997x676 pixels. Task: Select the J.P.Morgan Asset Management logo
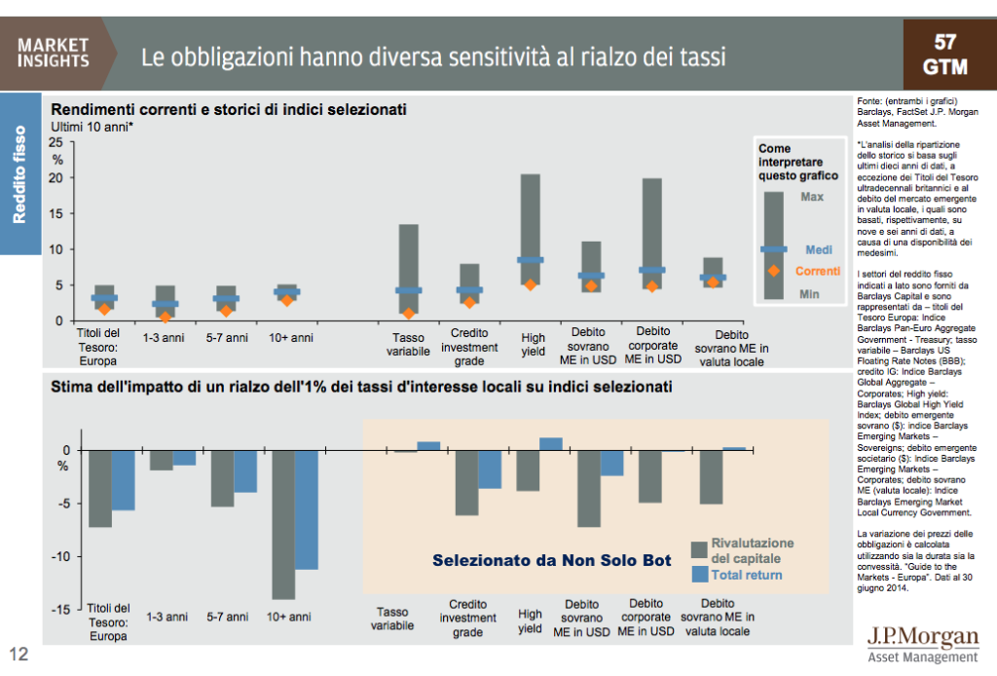coord(922,644)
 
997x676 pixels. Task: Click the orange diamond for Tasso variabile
coord(409,314)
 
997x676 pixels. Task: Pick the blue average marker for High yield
coord(531,260)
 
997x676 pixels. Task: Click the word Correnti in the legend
coord(817,271)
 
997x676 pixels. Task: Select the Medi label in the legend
coord(818,250)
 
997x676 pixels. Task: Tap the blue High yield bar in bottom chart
coord(551,444)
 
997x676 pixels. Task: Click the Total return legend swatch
coord(698,575)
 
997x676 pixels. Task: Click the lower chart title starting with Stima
coord(360,388)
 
